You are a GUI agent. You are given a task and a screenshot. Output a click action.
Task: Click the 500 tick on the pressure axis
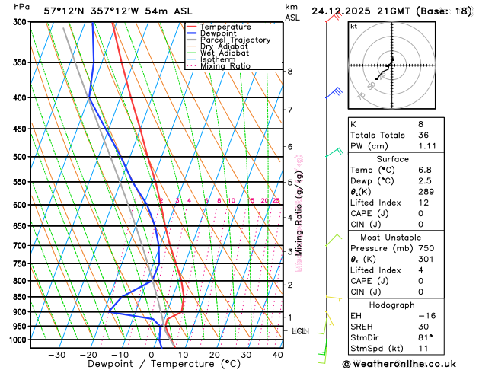(20, 157)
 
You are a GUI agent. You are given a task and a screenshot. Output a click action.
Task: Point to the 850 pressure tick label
(20, 297)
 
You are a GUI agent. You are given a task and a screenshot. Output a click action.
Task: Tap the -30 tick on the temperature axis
(57, 355)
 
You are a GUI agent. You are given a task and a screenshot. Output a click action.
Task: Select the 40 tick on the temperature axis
(277, 355)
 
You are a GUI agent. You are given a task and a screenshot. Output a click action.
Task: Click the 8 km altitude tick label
(289, 72)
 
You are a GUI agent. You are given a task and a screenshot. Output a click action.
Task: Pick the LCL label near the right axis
(299, 331)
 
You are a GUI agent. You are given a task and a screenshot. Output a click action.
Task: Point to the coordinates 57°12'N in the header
(67, 11)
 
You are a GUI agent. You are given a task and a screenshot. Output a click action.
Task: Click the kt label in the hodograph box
(353, 26)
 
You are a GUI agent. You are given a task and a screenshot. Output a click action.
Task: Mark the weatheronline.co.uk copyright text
(405, 364)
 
